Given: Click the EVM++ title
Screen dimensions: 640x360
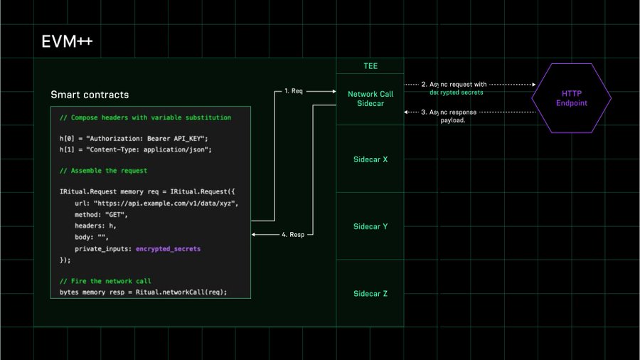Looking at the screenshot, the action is pyautogui.click(x=68, y=41).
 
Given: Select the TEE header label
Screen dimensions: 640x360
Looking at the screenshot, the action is pyautogui.click(x=370, y=66).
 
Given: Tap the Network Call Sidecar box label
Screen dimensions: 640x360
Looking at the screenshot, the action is pyautogui.click(x=370, y=99).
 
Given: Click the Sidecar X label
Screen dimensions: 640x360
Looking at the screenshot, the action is pyautogui.click(x=370, y=159).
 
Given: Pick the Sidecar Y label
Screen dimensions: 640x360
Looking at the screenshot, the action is pyautogui.click(x=370, y=226).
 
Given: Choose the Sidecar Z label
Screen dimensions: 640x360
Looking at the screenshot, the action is pyautogui.click(x=370, y=293).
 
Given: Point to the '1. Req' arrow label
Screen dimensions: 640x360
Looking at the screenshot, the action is pyautogui.click(x=294, y=91).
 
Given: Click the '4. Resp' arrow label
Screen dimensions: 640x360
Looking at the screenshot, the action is pyautogui.click(x=293, y=235).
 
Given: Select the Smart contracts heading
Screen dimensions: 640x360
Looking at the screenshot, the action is pyautogui.click(x=90, y=95).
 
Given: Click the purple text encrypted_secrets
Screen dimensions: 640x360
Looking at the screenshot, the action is pyautogui.click(x=168, y=248).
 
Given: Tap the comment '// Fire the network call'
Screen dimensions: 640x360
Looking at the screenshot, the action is pyautogui.click(x=105, y=281).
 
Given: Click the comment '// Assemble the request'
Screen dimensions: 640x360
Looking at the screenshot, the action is pyautogui.click(x=103, y=171).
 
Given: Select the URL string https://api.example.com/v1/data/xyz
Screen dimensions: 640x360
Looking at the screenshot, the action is pyautogui.click(x=166, y=203).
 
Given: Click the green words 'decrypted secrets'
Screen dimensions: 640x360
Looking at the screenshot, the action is pyautogui.click(x=457, y=92).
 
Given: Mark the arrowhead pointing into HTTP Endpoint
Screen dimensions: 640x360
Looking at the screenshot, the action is pyautogui.click(x=534, y=85).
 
